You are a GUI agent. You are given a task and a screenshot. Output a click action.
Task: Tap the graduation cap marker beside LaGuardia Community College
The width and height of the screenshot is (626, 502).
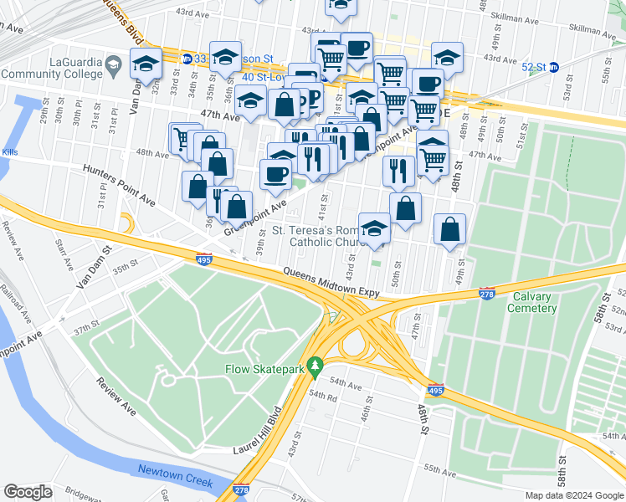click(146, 64)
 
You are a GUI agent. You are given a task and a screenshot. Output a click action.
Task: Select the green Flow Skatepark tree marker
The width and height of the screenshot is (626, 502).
click(315, 366)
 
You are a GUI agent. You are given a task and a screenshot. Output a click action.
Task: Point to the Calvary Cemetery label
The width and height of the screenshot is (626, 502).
click(531, 302)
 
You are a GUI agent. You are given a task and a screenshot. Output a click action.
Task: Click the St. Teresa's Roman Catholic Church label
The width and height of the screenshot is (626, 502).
click(326, 236)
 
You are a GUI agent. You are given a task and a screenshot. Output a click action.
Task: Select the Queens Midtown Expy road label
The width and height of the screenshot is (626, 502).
click(331, 283)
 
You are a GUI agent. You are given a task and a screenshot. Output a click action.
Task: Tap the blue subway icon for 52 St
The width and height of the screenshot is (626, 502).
click(553, 67)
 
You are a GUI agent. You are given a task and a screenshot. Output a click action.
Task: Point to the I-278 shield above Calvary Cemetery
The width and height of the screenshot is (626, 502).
click(487, 293)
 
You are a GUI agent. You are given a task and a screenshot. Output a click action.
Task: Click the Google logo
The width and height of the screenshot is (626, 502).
click(28, 492)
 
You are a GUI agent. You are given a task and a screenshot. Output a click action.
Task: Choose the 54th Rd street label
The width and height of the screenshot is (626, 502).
click(321, 398)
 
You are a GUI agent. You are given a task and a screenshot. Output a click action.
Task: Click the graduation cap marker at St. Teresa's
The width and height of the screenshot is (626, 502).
click(374, 228)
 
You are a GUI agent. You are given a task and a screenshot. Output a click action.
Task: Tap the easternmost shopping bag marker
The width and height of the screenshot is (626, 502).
click(450, 228)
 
